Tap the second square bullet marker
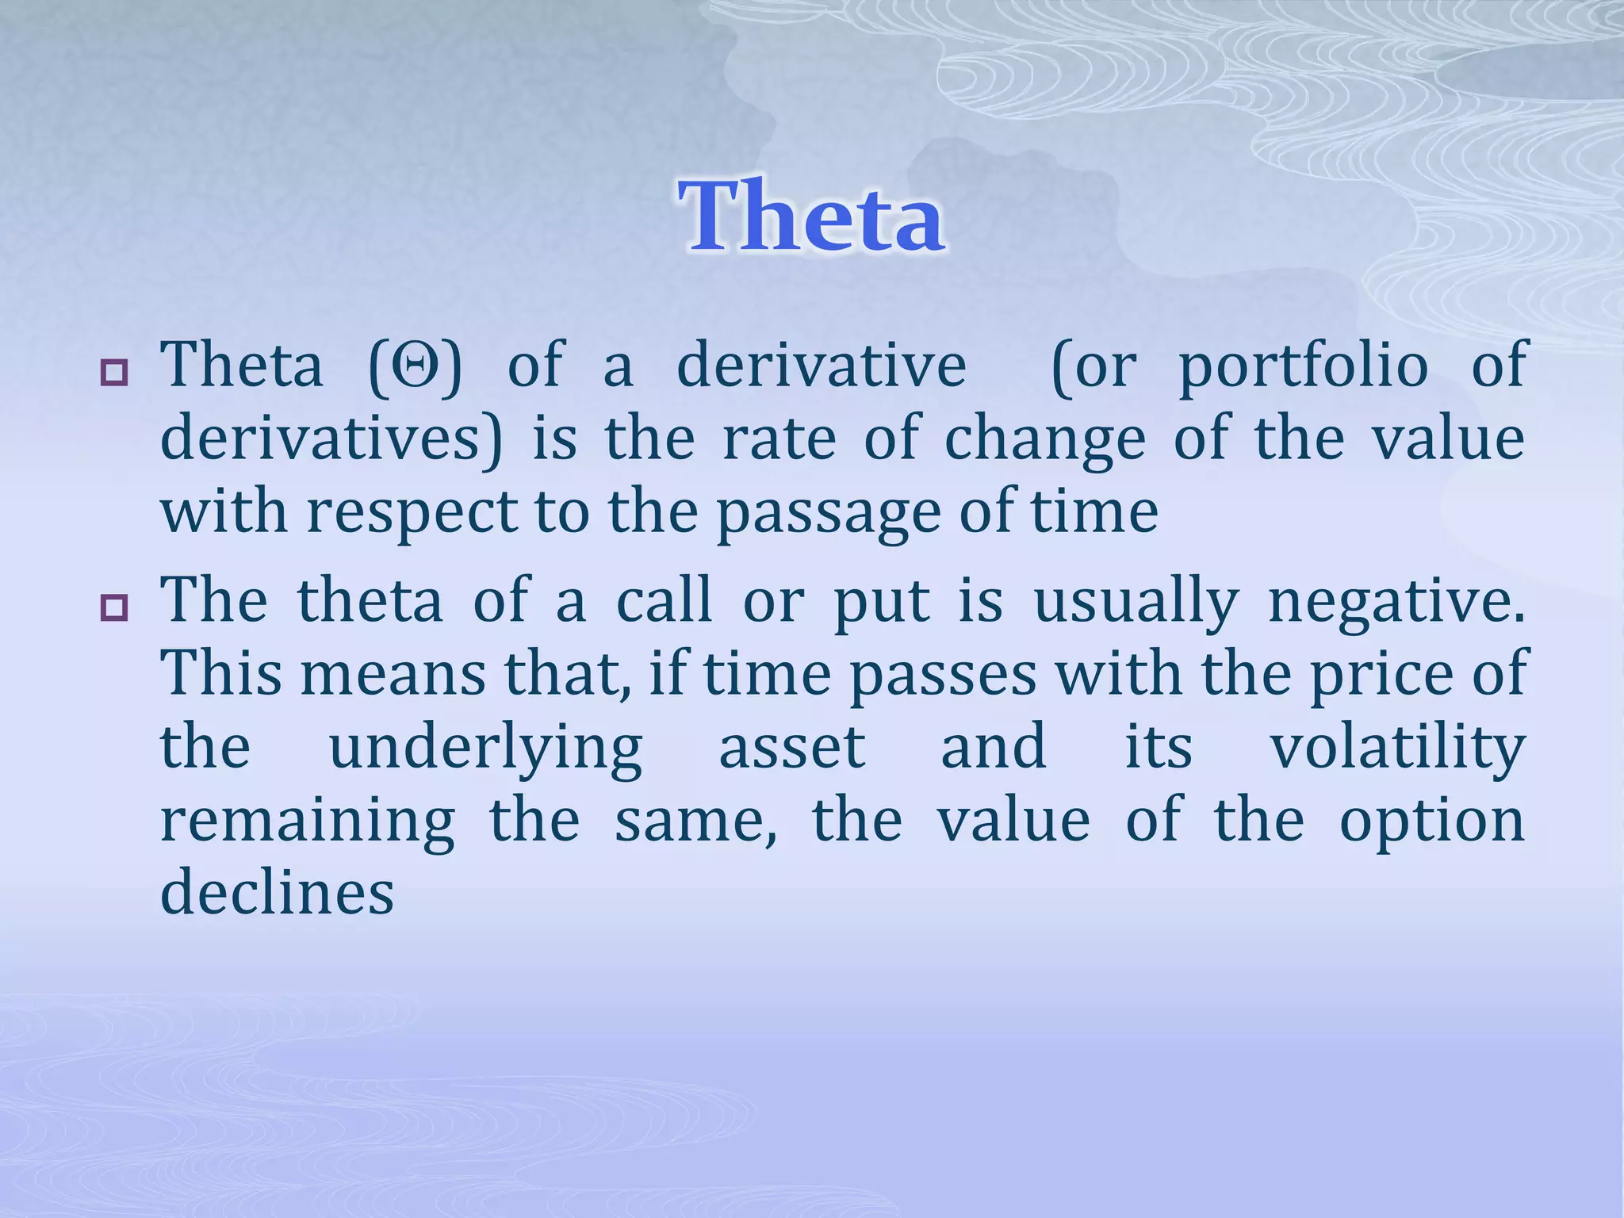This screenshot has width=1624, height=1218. (x=114, y=608)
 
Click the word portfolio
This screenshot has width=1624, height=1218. (x=1304, y=366)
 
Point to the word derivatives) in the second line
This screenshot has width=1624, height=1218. (x=331, y=439)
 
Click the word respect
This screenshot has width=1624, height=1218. (x=412, y=513)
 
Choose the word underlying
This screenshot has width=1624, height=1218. (x=485, y=749)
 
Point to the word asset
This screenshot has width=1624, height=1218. (x=791, y=749)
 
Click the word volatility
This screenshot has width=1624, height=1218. (x=1397, y=749)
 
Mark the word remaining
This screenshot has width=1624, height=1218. (x=308, y=822)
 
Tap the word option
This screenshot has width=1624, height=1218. (x=1432, y=822)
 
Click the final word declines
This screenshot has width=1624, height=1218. (x=277, y=892)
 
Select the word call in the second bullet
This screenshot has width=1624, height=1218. (x=664, y=601)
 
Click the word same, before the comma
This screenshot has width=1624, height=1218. (x=693, y=822)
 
